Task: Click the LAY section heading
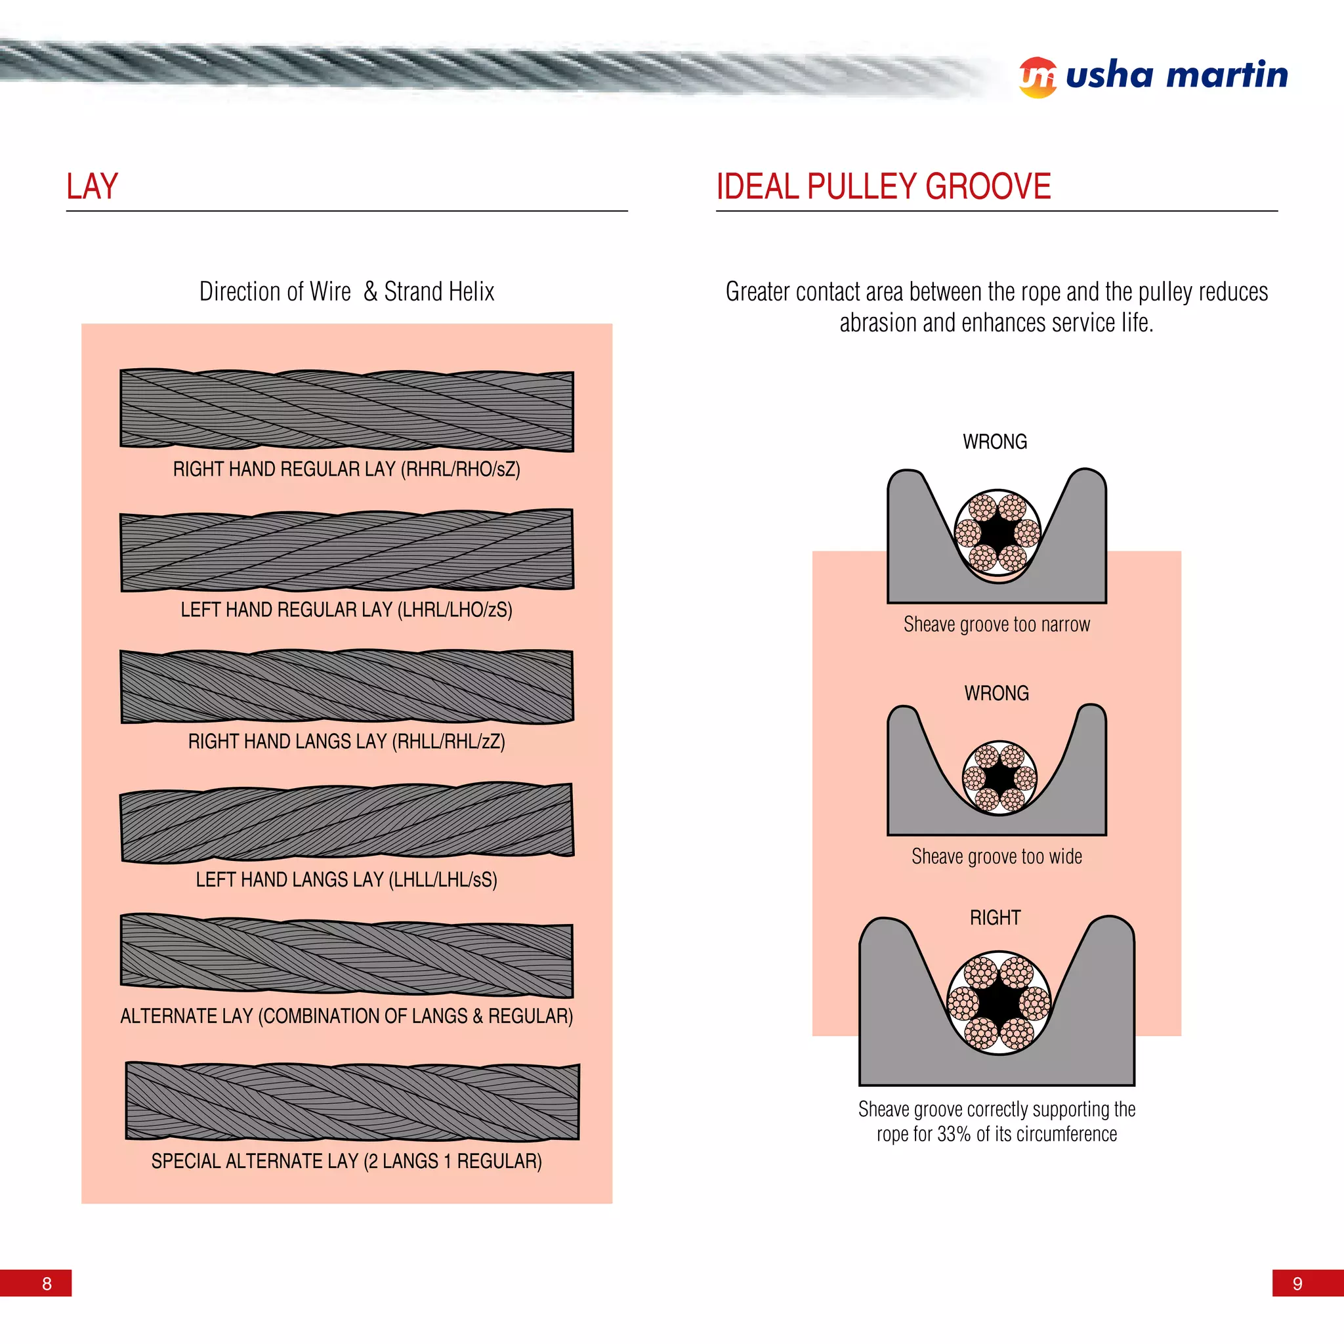click(x=92, y=186)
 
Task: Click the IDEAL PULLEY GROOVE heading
click(x=883, y=186)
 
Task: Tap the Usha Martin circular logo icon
click(x=1038, y=77)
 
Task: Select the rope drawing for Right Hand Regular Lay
click(x=346, y=409)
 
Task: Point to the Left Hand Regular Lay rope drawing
click(x=346, y=550)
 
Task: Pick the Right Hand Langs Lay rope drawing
click(x=346, y=686)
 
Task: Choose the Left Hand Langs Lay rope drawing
click(x=346, y=823)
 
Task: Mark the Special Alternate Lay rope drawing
click(x=351, y=1101)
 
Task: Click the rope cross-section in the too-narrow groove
click(x=997, y=532)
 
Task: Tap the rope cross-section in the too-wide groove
click(x=999, y=777)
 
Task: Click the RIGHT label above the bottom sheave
click(x=995, y=917)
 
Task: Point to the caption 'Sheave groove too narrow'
click(x=996, y=625)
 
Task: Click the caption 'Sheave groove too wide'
click(x=996, y=856)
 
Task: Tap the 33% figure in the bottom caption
click(x=953, y=1134)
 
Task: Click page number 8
click(x=47, y=1284)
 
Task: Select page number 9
click(x=1297, y=1284)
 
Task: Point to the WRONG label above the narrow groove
click(x=995, y=442)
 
